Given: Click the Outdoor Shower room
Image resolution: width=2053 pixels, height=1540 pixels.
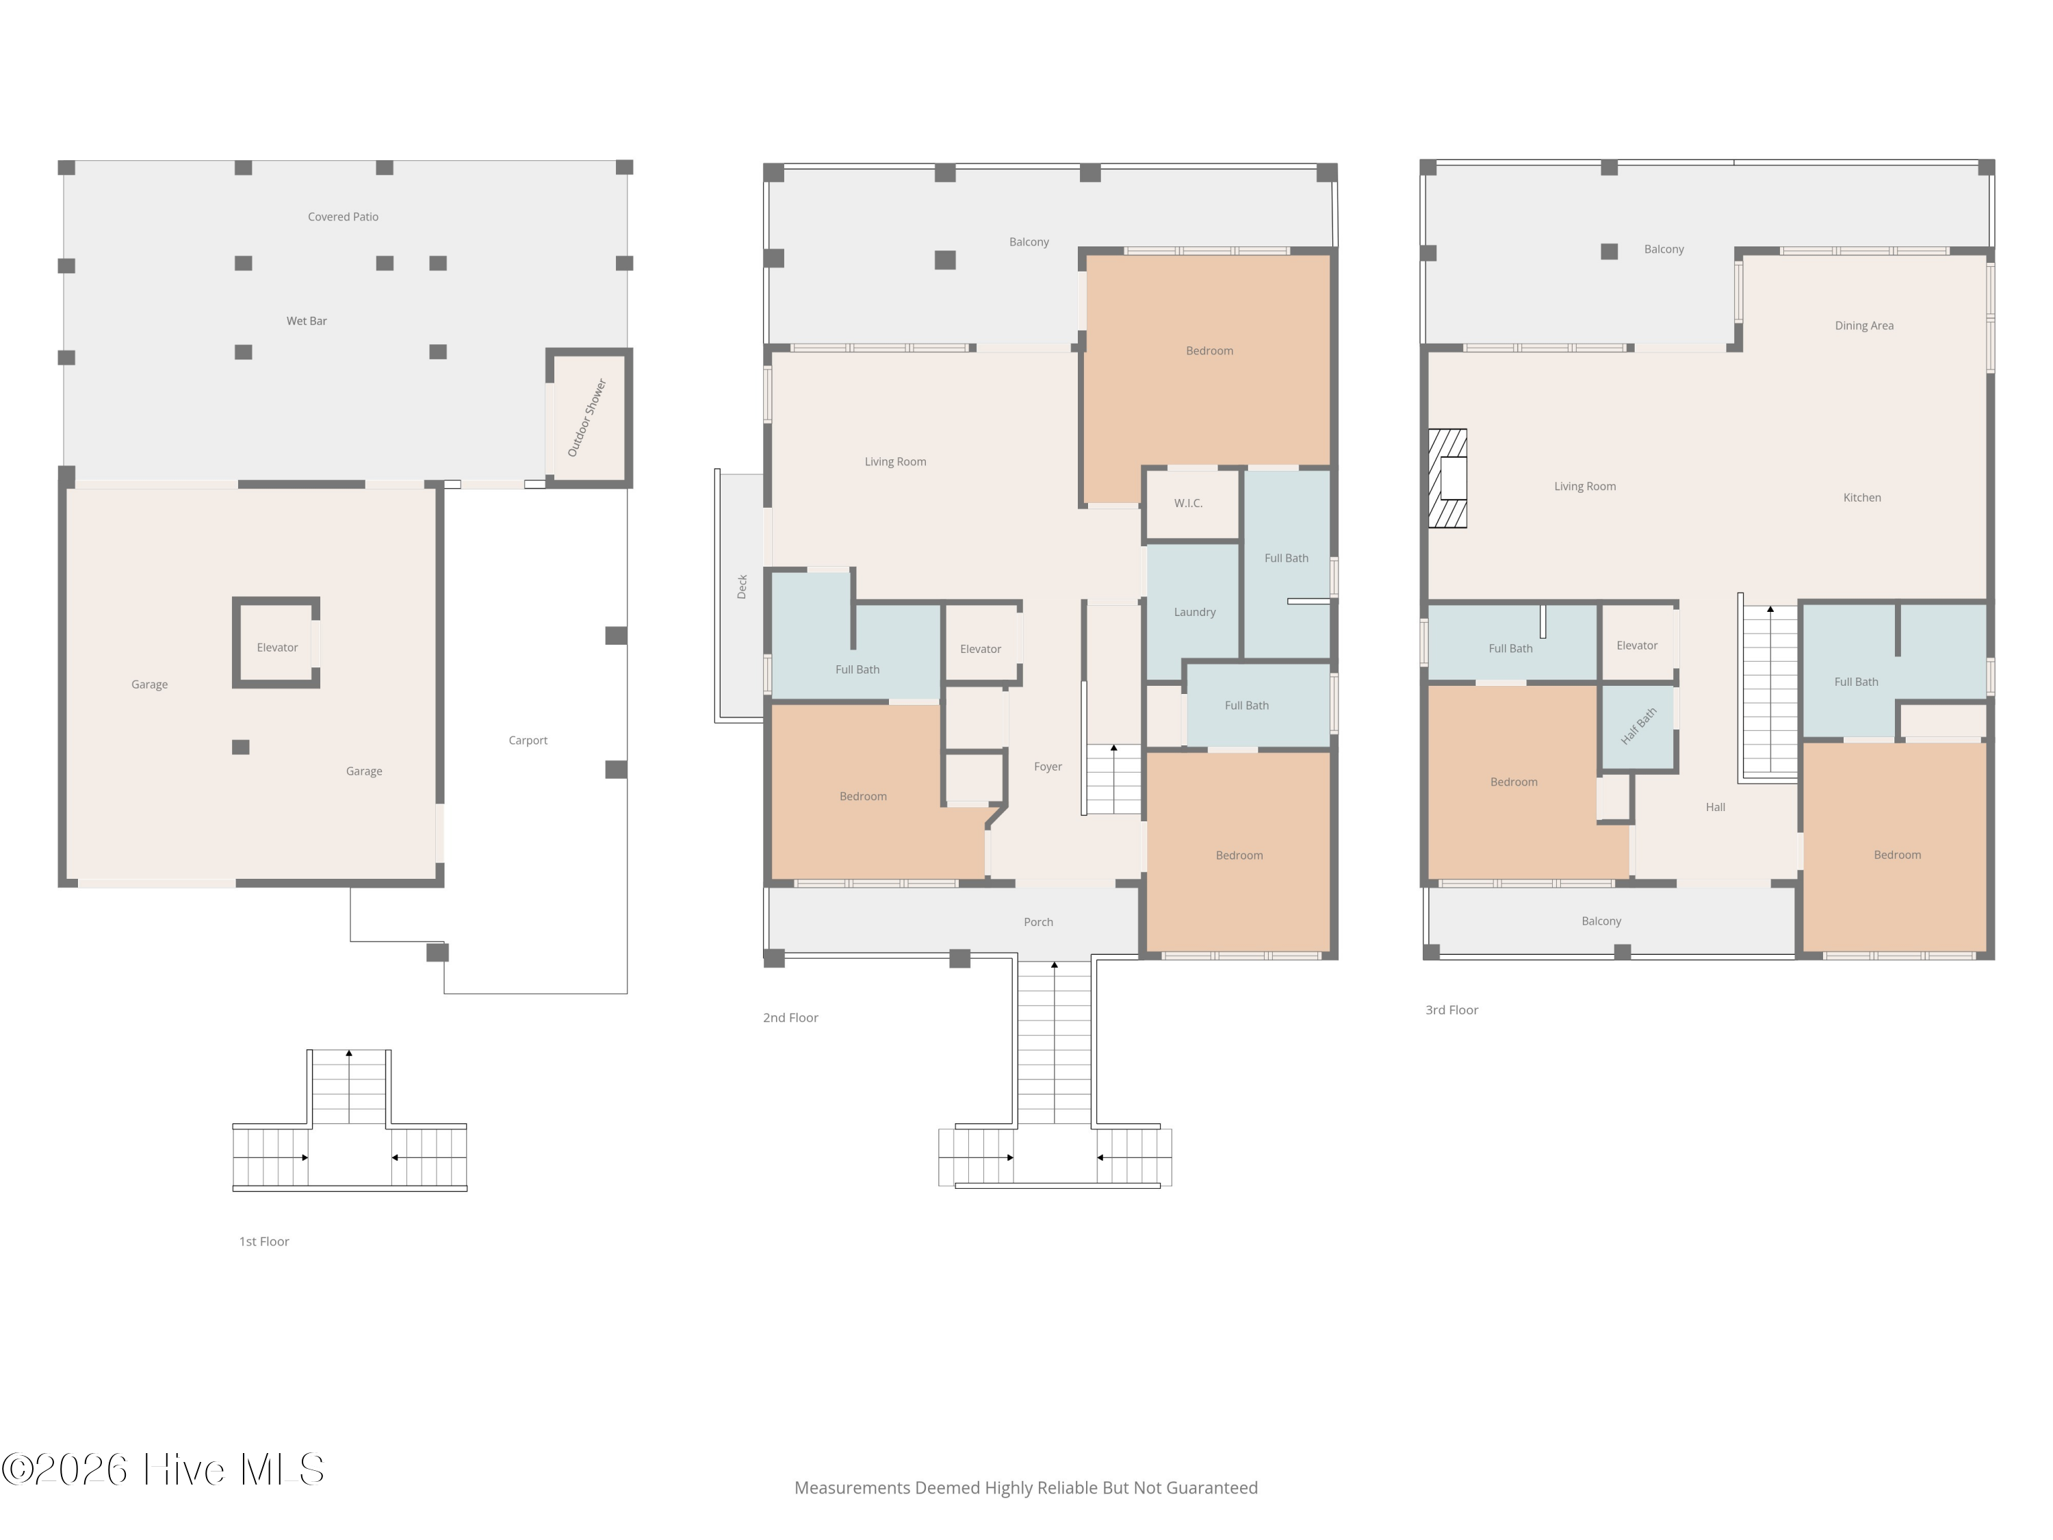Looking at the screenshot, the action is coord(589,418).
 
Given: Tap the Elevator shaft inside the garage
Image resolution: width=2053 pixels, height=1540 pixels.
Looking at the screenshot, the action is coord(276,643).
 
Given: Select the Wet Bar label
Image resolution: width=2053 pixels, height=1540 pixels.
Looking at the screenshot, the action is coord(307,321).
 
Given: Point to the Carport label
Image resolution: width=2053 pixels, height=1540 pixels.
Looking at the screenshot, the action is coord(528,741).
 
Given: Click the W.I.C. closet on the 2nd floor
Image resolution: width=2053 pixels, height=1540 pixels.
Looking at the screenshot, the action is coord(1191,503).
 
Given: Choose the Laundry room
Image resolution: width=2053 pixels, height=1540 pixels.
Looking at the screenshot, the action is coord(1193,612).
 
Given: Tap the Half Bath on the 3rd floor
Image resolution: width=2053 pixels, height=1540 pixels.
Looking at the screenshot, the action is coord(1638,727).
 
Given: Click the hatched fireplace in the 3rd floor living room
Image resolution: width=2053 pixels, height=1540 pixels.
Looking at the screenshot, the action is coord(1447,478).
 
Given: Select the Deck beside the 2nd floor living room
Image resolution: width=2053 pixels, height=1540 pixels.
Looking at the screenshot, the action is coord(740,596).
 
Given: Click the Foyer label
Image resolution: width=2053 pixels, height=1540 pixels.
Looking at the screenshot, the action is coord(1048,767).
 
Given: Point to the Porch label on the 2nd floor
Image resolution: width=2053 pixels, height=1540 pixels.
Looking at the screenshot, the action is coord(1039,922).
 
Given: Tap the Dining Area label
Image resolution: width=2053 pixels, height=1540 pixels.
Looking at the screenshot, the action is coord(1863,326).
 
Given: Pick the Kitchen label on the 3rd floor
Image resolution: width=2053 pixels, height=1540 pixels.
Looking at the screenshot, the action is coord(1862,498).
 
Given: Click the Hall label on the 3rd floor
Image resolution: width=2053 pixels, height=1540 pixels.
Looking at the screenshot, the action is coord(1715,808).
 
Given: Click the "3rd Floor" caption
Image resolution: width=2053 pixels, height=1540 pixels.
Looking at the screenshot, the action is coord(1451,1010).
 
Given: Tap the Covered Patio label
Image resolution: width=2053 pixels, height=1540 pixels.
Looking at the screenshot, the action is coord(344,217).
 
